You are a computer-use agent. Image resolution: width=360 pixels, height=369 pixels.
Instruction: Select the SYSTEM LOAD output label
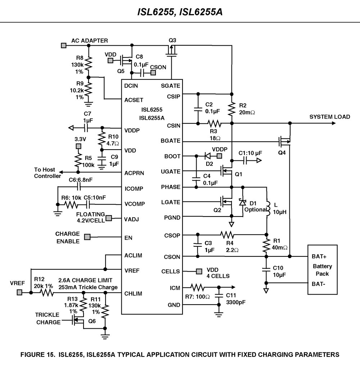[x=329, y=117]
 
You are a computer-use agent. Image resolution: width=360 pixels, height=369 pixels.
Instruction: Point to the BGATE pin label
[x=171, y=141]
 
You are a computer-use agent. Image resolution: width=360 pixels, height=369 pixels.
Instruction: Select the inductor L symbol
[x=267, y=209]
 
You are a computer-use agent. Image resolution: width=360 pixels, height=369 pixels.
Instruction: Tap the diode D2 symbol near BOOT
[x=207, y=156]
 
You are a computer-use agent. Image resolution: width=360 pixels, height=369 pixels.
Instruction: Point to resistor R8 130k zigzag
[x=89, y=64]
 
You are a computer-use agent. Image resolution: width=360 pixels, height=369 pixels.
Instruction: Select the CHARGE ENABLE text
[x=68, y=237]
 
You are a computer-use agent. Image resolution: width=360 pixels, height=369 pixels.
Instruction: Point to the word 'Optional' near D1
[x=255, y=210]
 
